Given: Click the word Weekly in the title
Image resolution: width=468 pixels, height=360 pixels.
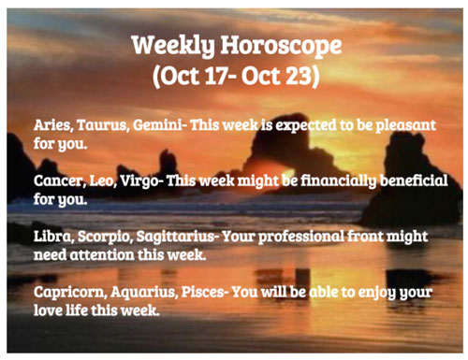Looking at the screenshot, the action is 173,46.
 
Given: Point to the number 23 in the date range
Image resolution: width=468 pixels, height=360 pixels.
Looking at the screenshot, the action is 299,76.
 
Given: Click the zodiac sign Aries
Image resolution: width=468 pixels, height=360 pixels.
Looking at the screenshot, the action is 53,125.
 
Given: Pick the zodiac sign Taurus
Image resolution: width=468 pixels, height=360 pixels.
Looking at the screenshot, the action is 103,125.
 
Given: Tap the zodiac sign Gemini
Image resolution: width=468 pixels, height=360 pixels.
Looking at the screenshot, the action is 157,125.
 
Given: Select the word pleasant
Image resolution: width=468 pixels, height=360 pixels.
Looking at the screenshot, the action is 405,126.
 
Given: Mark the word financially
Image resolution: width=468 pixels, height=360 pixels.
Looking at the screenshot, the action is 338,181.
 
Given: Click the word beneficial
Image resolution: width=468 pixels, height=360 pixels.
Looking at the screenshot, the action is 414,180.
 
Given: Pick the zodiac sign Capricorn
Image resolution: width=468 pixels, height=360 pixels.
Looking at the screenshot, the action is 70,293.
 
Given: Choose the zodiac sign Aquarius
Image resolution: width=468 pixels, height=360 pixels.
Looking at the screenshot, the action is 144,293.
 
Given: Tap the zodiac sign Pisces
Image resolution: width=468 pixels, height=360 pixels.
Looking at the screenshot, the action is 203,292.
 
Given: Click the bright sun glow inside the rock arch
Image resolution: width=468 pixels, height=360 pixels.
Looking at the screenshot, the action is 288,174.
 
